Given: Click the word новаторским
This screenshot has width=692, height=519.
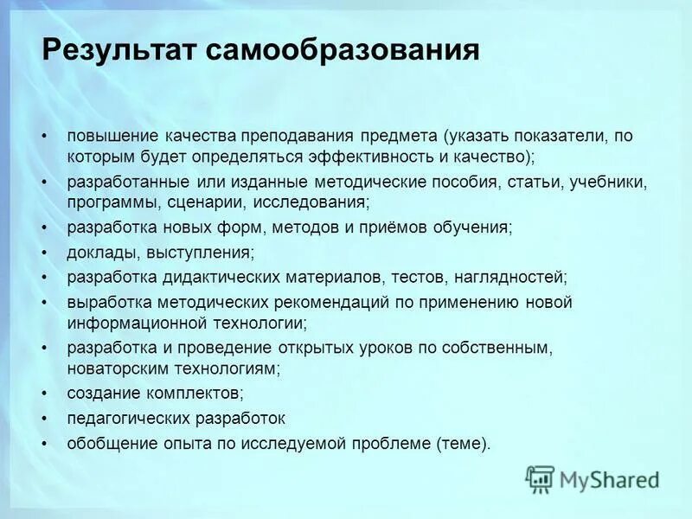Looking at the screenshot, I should (x=114, y=368).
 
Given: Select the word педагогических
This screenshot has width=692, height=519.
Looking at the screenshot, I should (x=126, y=418).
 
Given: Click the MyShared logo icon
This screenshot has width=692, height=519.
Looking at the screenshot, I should (x=541, y=478).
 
